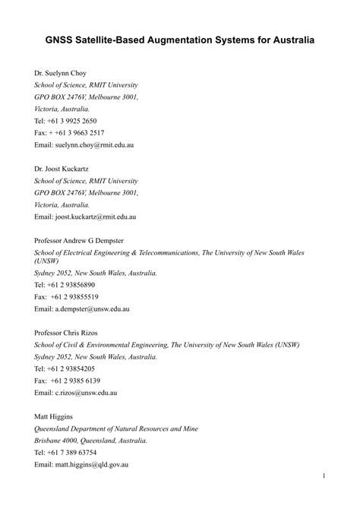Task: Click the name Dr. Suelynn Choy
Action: coord(61,74)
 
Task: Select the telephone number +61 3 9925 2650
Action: coord(73,121)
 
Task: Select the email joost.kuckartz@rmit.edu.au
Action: coord(96,217)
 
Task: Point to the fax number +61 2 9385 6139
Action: coord(76,381)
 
